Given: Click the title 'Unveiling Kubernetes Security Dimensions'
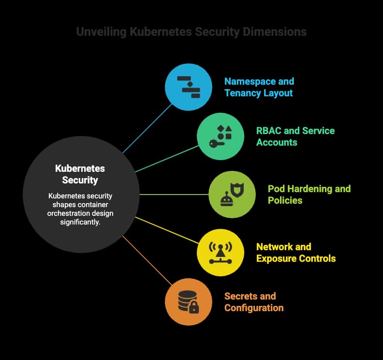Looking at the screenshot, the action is pos(191,32).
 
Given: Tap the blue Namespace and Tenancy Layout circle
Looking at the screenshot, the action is pos(188,87).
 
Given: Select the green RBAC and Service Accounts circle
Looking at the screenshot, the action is pos(221,136).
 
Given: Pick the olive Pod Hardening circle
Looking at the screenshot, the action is pos(232,195).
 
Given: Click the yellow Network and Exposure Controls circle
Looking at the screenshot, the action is pos(221,253).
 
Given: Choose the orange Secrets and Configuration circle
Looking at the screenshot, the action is pos(188,302).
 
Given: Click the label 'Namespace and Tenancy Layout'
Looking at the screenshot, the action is pos(259,87).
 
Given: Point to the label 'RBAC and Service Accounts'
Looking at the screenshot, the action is pos(295,136).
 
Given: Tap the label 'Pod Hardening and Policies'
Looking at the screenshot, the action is pos(309,195).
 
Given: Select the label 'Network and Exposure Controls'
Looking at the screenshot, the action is pos(296,253).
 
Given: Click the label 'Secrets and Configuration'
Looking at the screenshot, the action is pos(254,302).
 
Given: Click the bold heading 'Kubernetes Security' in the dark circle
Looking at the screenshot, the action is pos(80,174).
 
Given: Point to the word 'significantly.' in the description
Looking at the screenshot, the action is pos(80,222).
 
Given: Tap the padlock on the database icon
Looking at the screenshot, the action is pos(194,307).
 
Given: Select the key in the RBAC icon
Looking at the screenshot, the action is pos(217,144).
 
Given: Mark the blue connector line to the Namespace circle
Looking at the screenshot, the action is pos(147,129).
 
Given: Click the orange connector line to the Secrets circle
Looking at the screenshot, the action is pos(147,260).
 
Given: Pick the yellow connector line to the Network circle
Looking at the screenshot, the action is pos(167,230).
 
